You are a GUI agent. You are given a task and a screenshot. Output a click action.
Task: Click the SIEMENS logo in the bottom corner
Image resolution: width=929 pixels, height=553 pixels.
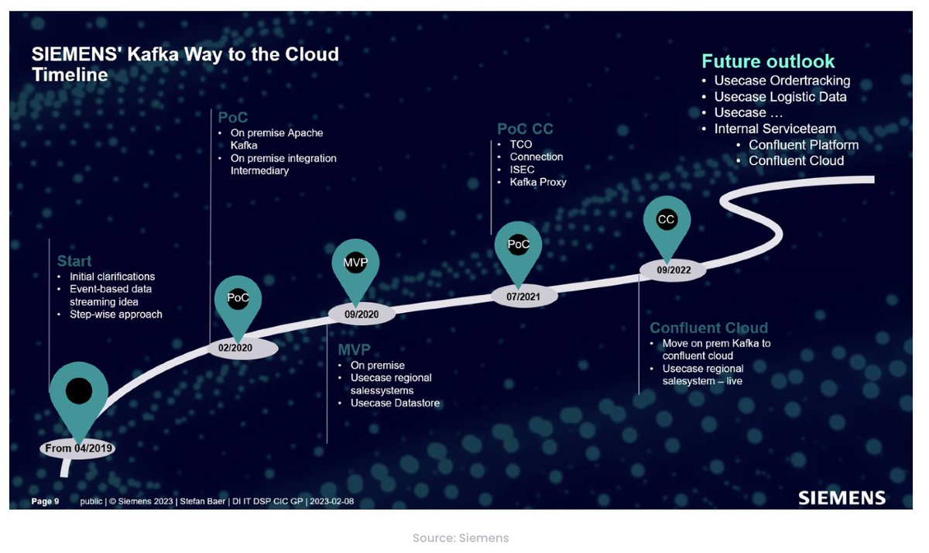(x=842, y=497)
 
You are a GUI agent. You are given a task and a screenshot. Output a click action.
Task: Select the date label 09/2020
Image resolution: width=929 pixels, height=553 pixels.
(x=361, y=314)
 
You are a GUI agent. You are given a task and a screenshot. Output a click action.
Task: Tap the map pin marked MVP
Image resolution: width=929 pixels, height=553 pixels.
(x=355, y=263)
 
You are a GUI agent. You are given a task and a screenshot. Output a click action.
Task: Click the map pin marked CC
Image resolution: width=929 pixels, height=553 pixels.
(x=666, y=220)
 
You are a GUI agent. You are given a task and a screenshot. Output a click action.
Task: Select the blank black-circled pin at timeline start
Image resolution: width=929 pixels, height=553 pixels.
(x=78, y=391)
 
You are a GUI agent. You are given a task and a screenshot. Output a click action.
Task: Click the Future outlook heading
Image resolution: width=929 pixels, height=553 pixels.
(x=768, y=61)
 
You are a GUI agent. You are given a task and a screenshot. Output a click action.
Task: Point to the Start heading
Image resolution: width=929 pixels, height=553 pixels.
(x=74, y=261)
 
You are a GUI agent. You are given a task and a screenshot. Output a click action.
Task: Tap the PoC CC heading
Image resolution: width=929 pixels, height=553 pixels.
(x=525, y=129)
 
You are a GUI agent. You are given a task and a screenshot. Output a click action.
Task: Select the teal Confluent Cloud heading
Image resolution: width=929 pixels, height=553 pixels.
(x=708, y=328)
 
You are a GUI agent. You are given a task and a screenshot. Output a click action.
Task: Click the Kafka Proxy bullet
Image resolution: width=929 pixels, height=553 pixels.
(x=538, y=182)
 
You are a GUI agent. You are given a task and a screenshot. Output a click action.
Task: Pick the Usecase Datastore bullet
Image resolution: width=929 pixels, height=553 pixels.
(x=395, y=403)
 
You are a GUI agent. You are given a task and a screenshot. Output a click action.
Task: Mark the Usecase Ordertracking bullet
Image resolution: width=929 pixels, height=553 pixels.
(x=782, y=81)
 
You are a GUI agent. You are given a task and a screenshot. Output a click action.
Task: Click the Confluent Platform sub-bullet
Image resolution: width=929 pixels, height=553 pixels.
(x=803, y=145)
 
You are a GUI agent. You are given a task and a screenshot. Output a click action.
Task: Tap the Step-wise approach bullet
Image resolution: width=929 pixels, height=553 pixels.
(x=116, y=314)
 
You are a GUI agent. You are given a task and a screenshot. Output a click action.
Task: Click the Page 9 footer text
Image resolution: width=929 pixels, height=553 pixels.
(x=45, y=501)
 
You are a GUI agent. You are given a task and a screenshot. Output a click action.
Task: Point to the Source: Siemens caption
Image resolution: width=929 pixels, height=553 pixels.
(x=461, y=538)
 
